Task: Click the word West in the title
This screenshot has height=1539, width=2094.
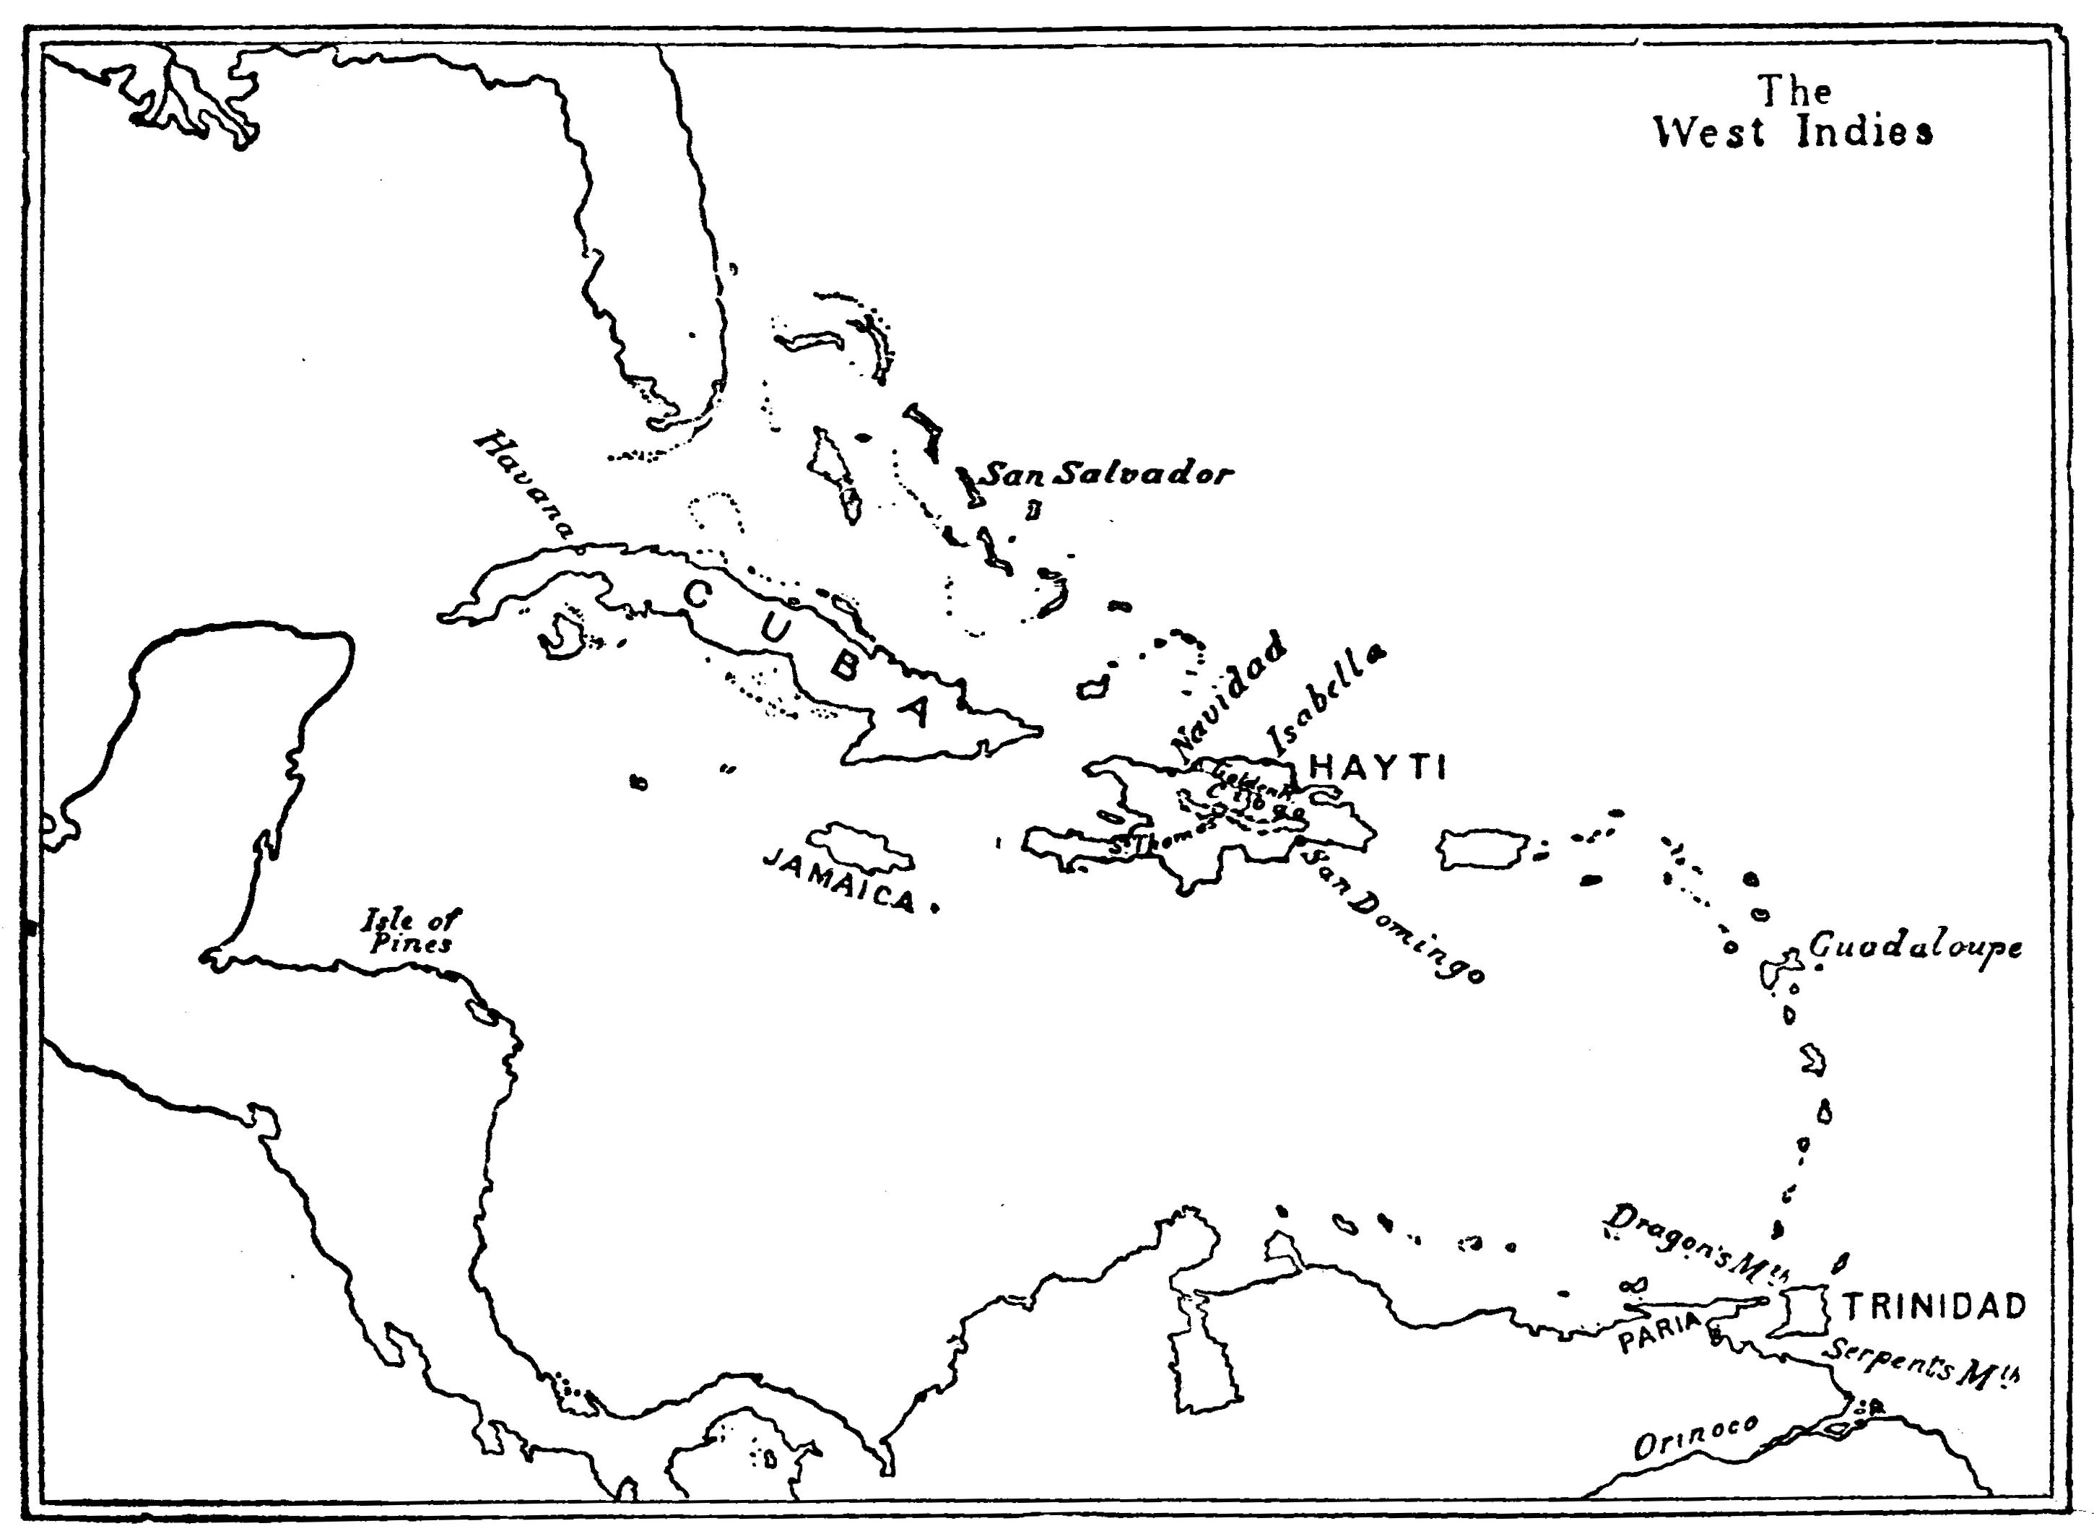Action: (x=1708, y=132)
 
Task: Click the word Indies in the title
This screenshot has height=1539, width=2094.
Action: (x=1864, y=132)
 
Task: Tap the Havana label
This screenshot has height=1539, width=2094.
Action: (x=524, y=485)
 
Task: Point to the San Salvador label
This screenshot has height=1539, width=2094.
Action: (x=1108, y=474)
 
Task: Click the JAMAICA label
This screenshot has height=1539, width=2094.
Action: (x=839, y=881)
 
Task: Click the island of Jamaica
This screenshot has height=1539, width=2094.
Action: (x=861, y=845)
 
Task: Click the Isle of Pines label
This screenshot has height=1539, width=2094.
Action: (x=411, y=932)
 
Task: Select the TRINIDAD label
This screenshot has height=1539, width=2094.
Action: (x=1934, y=1307)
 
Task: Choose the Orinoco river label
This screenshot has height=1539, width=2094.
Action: (x=1696, y=1443)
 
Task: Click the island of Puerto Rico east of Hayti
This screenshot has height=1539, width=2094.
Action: (x=1482, y=849)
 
